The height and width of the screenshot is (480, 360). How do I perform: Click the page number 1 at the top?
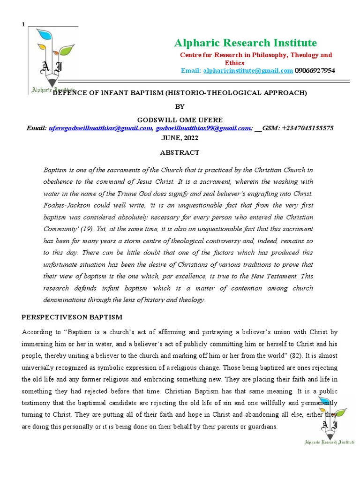click(23, 24)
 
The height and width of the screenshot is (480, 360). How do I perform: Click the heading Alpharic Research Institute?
click(245, 43)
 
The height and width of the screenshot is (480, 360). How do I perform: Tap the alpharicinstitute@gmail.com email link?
click(247, 70)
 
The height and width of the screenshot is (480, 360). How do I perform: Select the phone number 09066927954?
click(315, 70)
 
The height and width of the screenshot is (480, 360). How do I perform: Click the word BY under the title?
click(180, 106)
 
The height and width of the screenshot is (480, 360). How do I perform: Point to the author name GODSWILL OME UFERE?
click(180, 120)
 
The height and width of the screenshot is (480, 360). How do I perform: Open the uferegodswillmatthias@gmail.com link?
click(101, 128)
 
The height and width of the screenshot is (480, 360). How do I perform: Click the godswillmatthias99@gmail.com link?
click(203, 128)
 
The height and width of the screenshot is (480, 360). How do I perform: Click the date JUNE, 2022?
click(180, 138)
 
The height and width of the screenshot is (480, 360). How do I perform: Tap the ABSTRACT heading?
click(180, 152)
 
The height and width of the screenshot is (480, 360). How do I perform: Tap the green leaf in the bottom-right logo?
click(340, 413)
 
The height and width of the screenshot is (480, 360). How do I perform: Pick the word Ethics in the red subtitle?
click(234, 62)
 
